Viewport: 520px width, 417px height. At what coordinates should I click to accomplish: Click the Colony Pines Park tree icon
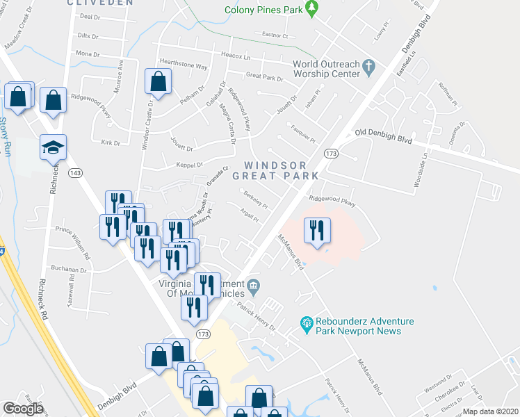[312, 9]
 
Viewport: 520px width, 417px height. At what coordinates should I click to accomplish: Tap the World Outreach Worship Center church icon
[368, 68]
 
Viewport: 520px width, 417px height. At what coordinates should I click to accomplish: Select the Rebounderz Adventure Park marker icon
[304, 324]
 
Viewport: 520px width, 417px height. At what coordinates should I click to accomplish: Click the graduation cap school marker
[53, 148]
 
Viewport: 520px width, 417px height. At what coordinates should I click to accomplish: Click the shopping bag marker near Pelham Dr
[159, 82]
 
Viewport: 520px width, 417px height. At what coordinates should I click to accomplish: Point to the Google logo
[24, 409]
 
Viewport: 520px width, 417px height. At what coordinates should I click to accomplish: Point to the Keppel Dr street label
[189, 165]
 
